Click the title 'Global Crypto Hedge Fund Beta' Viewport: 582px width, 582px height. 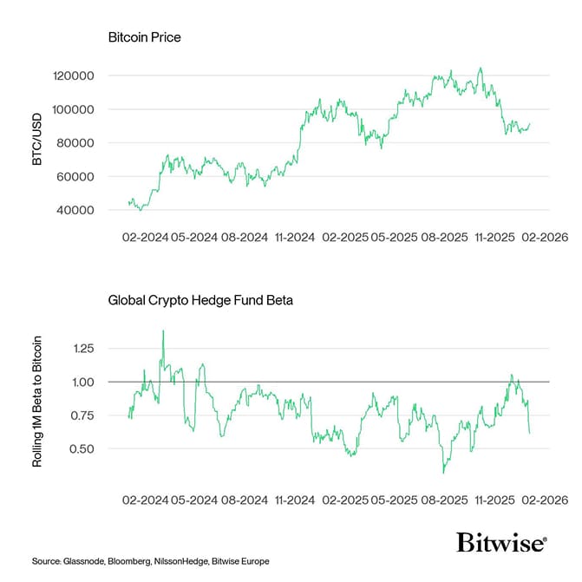200,301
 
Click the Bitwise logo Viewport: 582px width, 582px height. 501,543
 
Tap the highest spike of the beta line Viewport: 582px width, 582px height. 162,330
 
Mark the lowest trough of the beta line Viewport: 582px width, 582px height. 443,472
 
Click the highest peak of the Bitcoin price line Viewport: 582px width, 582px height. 481,69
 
